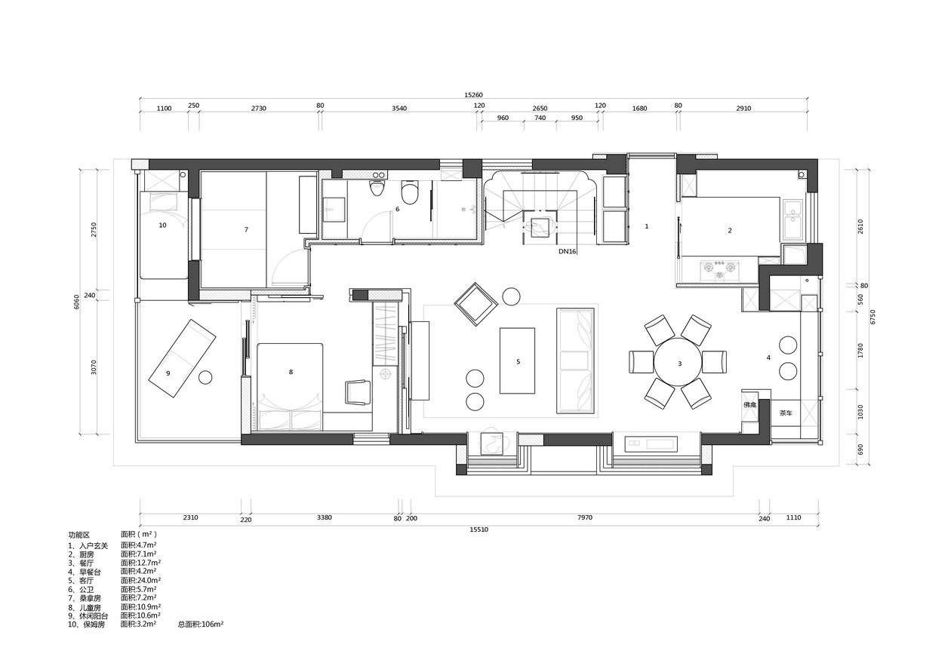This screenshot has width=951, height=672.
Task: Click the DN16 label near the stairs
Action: pyautogui.click(x=568, y=252)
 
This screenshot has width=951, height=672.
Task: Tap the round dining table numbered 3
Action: pyautogui.click(x=678, y=362)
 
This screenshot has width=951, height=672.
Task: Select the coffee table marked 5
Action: pyautogui.click(x=517, y=361)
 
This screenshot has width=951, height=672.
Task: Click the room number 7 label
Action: pyautogui.click(x=246, y=230)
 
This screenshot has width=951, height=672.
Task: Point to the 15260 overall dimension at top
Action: pyautogui.click(x=473, y=96)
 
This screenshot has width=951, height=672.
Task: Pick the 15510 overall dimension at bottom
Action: pyautogui.click(x=479, y=530)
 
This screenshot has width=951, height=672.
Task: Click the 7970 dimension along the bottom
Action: pyautogui.click(x=585, y=517)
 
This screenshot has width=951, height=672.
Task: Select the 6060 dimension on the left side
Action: pyautogui.click(x=76, y=302)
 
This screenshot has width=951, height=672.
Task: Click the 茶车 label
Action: pyautogui.click(x=786, y=413)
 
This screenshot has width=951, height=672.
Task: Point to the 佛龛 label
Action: pyautogui.click(x=749, y=405)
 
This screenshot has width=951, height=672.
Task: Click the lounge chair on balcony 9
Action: pyautogui.click(x=182, y=358)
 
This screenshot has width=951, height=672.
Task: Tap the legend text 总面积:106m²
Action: pyautogui.click(x=201, y=624)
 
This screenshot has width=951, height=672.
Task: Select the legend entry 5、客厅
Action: pyautogui.click(x=81, y=581)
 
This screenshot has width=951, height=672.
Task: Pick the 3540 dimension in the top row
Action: pyautogui.click(x=399, y=109)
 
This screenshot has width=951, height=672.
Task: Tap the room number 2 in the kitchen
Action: pyautogui.click(x=730, y=231)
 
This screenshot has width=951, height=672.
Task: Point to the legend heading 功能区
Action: pyautogui.click(x=79, y=535)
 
